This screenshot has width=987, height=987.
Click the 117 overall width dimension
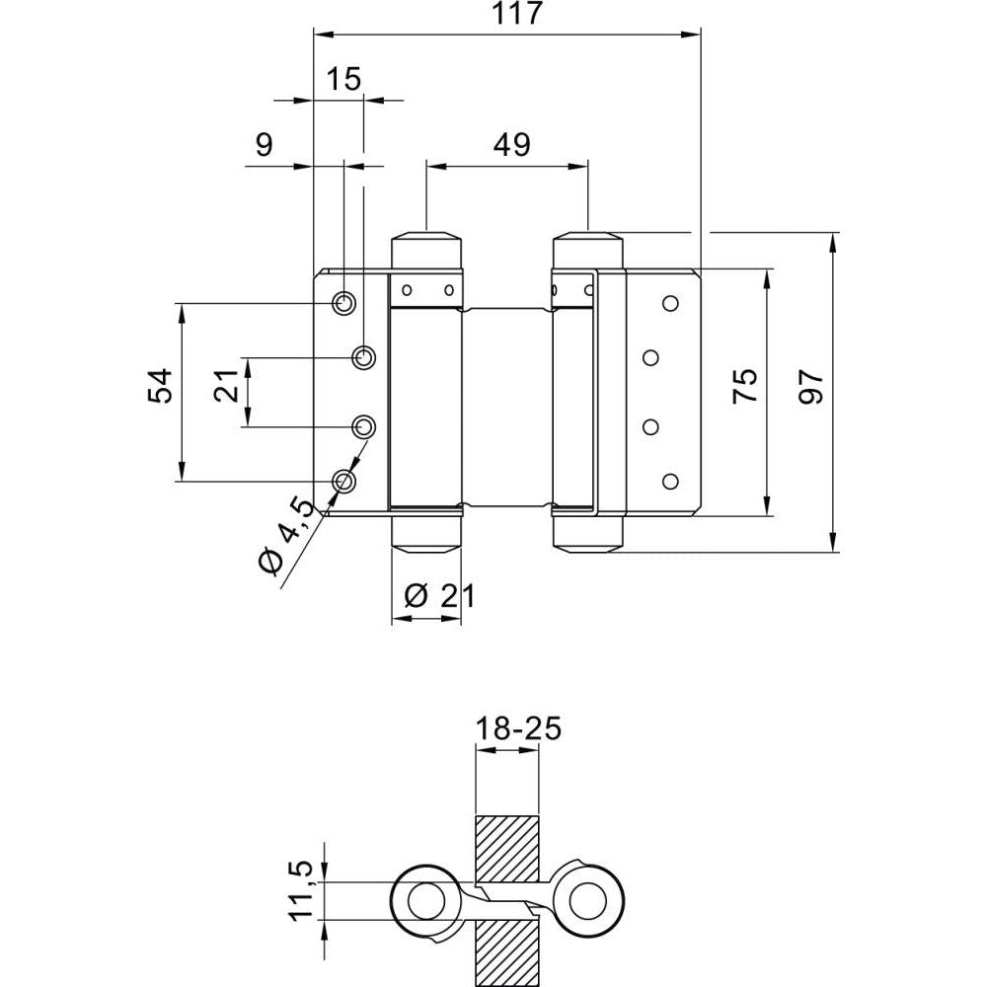(x=516, y=14)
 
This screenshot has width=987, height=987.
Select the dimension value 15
(x=344, y=79)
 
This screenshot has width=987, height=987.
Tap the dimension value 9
(x=265, y=145)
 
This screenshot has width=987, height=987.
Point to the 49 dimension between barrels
(x=511, y=145)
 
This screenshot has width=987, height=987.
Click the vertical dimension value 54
(x=160, y=386)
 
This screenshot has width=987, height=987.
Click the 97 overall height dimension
(x=811, y=386)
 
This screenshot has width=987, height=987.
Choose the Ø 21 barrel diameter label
(x=439, y=595)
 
